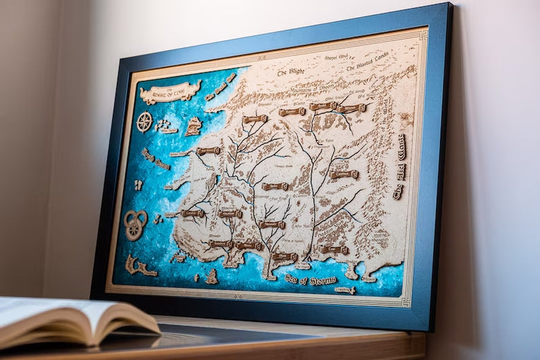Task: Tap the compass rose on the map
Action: click(144, 121)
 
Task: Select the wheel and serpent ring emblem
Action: click(135, 224)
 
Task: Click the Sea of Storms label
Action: click(311, 280)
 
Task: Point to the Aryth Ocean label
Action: click(155, 159)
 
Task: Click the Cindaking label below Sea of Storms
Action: click(345, 289)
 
